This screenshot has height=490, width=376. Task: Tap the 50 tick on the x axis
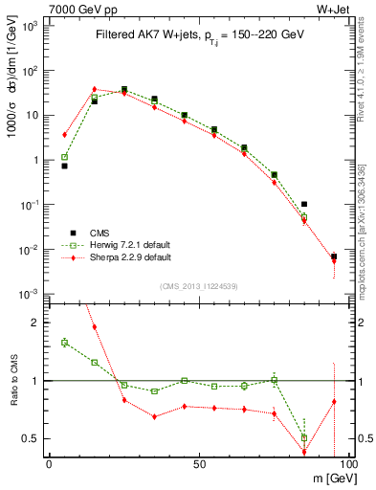[x=199, y=463]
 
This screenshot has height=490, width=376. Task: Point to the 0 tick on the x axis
[x=50, y=463]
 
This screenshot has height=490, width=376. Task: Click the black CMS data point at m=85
[x=304, y=204]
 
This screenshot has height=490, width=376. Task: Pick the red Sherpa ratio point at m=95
[x=334, y=402]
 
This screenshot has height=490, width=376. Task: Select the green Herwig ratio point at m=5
[x=65, y=342]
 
